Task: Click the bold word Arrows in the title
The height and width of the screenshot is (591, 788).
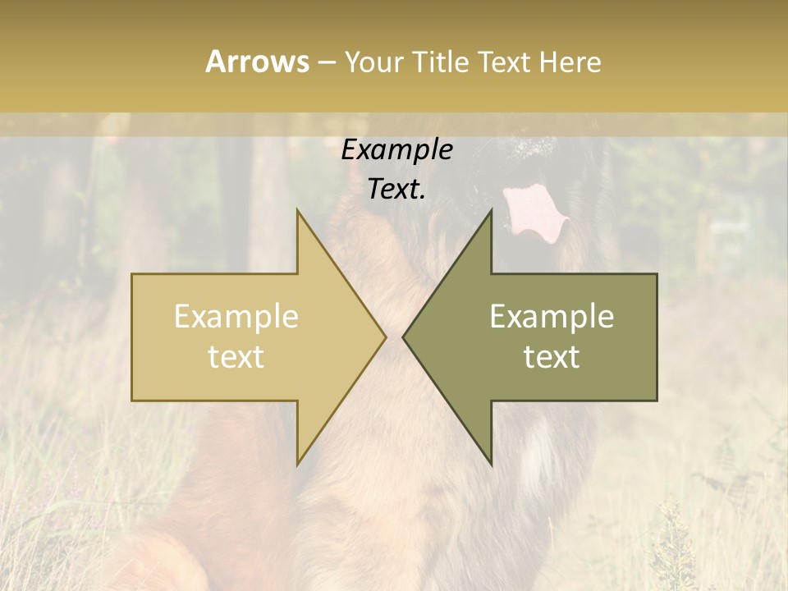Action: [257, 62]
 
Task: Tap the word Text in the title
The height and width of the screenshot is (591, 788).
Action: [505, 62]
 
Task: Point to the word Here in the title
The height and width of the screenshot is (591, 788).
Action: [570, 62]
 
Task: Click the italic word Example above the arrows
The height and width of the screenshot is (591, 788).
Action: [396, 150]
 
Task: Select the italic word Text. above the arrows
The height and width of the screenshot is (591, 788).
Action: [396, 190]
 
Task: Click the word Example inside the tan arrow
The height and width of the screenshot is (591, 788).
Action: [236, 317]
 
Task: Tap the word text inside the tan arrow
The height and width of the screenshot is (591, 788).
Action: [236, 357]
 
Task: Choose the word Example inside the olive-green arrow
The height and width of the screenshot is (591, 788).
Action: [552, 317]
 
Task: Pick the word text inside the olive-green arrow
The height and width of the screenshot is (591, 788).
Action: [552, 357]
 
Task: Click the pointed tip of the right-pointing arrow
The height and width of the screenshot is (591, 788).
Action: [385, 337]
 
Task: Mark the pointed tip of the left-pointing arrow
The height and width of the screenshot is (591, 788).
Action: [403, 337]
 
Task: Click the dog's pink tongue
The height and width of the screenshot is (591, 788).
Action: [534, 213]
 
